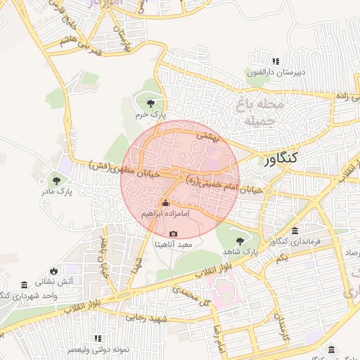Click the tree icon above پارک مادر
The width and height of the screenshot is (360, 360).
[56, 181]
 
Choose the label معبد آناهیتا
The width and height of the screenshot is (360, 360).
[174, 245]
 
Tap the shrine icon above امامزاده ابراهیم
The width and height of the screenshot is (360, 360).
[166, 203]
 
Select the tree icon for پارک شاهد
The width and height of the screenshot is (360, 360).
[240, 240]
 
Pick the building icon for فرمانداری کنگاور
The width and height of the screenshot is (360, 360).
[294, 231]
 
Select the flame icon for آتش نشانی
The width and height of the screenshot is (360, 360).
[54, 271]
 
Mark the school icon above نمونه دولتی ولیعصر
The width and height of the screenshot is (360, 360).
[98, 339]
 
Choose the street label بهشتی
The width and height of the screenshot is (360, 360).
[208, 135]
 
